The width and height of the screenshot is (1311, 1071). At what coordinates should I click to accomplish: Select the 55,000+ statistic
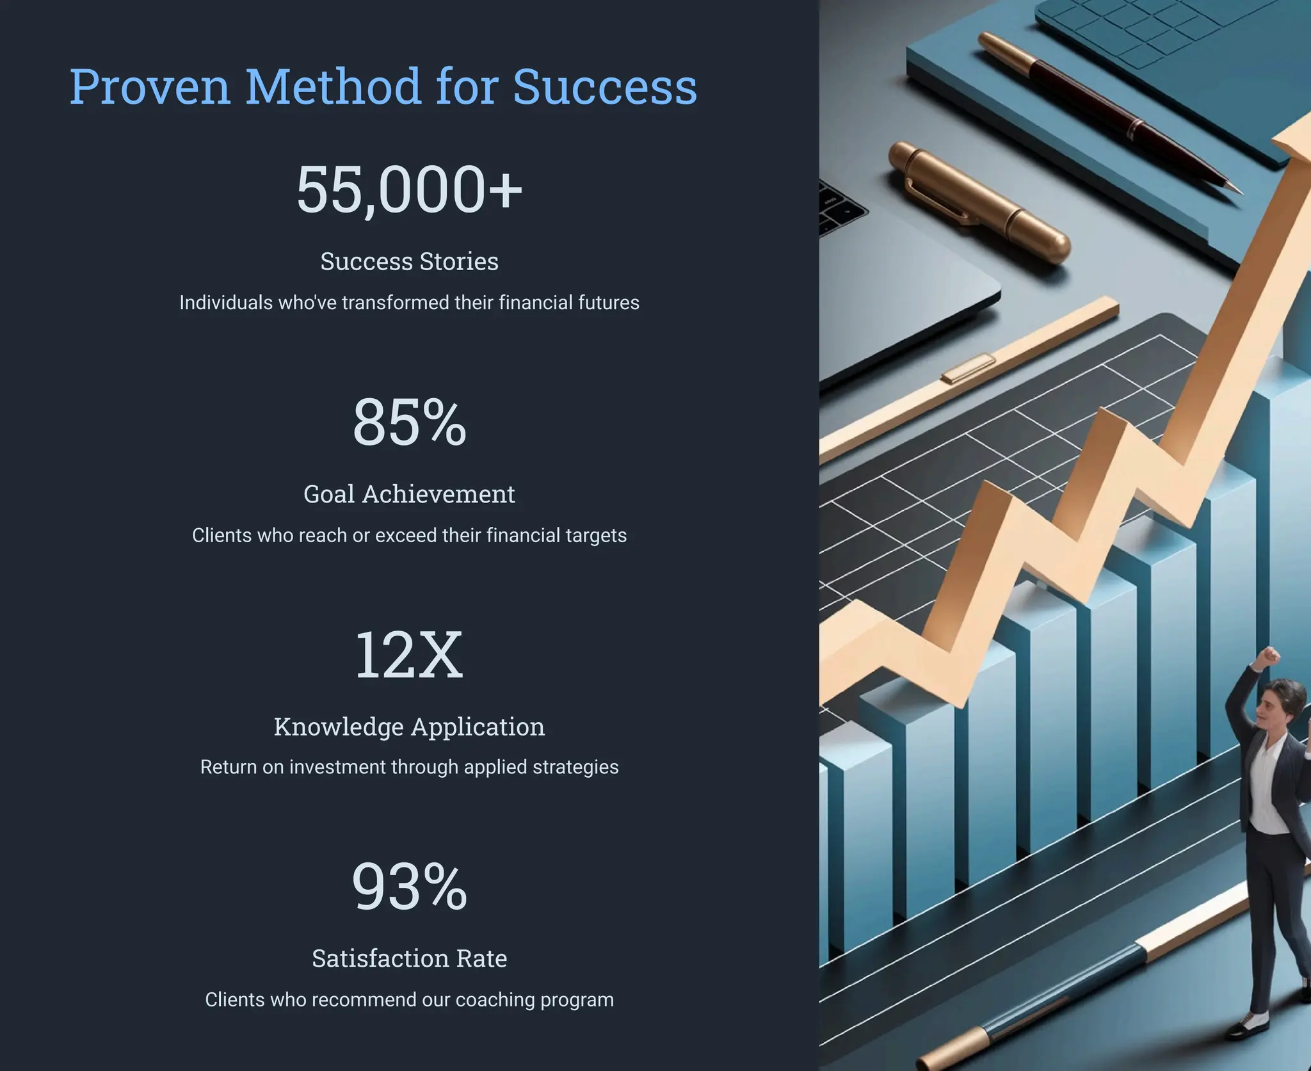409,189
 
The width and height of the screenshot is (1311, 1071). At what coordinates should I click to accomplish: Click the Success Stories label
409,261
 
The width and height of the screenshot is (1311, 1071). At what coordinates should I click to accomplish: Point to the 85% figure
409,422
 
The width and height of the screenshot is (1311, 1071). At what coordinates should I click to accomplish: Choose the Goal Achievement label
409,494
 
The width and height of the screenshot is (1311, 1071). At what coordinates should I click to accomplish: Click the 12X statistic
409,655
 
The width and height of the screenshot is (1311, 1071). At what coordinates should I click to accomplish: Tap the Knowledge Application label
409,726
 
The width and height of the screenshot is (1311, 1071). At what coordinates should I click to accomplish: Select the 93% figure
409,887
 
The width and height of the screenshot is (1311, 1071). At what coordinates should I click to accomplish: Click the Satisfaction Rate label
409,958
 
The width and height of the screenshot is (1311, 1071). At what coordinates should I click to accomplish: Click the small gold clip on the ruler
969,369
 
